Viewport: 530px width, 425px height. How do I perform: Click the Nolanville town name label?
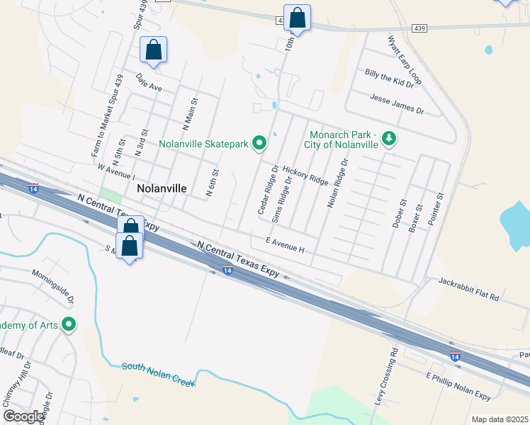click(x=162, y=189)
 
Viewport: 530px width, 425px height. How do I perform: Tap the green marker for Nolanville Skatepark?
click(x=259, y=144)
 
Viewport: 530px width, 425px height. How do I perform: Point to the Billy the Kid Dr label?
click(x=388, y=78)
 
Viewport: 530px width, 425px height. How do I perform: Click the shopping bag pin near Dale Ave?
click(x=153, y=50)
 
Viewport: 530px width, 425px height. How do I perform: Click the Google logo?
click(x=23, y=416)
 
